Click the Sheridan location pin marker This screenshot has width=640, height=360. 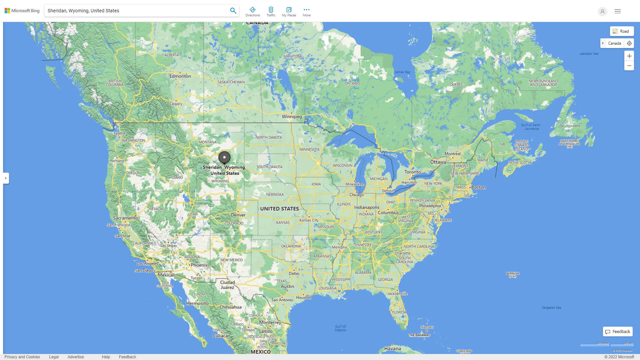tap(224, 157)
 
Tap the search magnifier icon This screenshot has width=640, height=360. tap(233, 11)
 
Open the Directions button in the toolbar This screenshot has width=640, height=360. tap(253, 12)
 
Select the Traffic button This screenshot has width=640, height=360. tap(271, 12)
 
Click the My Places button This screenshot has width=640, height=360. tap(289, 12)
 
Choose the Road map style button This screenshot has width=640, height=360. tap(622, 31)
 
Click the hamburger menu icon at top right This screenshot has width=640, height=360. tap(618, 11)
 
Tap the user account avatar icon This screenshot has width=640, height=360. tap(602, 11)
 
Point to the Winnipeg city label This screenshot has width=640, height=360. tap(292, 117)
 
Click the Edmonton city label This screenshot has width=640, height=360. tap(180, 76)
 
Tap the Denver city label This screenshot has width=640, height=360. tap(238, 215)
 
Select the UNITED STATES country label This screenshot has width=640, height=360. tap(279, 209)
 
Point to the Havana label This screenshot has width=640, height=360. tap(392, 349)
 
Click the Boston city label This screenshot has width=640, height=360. tap(478, 187)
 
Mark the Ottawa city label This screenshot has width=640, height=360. tap(438, 162)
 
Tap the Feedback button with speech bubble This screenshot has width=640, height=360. tap(618, 332)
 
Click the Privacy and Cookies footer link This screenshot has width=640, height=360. tap(22, 357)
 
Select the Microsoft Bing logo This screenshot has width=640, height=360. tap(22, 11)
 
